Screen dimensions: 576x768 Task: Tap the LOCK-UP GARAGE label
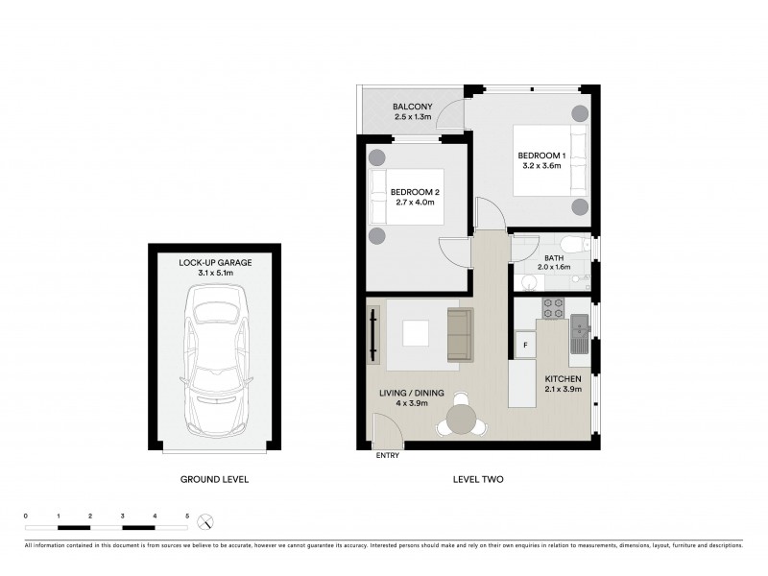pos(216,267)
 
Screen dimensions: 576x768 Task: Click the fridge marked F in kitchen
pos(526,344)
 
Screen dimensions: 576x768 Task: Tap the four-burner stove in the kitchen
pos(554,308)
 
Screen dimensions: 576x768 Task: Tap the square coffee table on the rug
pos(417,333)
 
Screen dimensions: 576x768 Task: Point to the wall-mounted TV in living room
pos(372,335)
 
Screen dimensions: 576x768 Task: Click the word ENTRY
pos(389,456)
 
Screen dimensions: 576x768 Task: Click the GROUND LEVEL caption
pos(215,479)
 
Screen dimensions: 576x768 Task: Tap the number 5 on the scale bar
pos(187,516)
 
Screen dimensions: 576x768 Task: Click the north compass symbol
pos(205,523)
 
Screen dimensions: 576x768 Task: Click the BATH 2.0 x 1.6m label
pos(555,263)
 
